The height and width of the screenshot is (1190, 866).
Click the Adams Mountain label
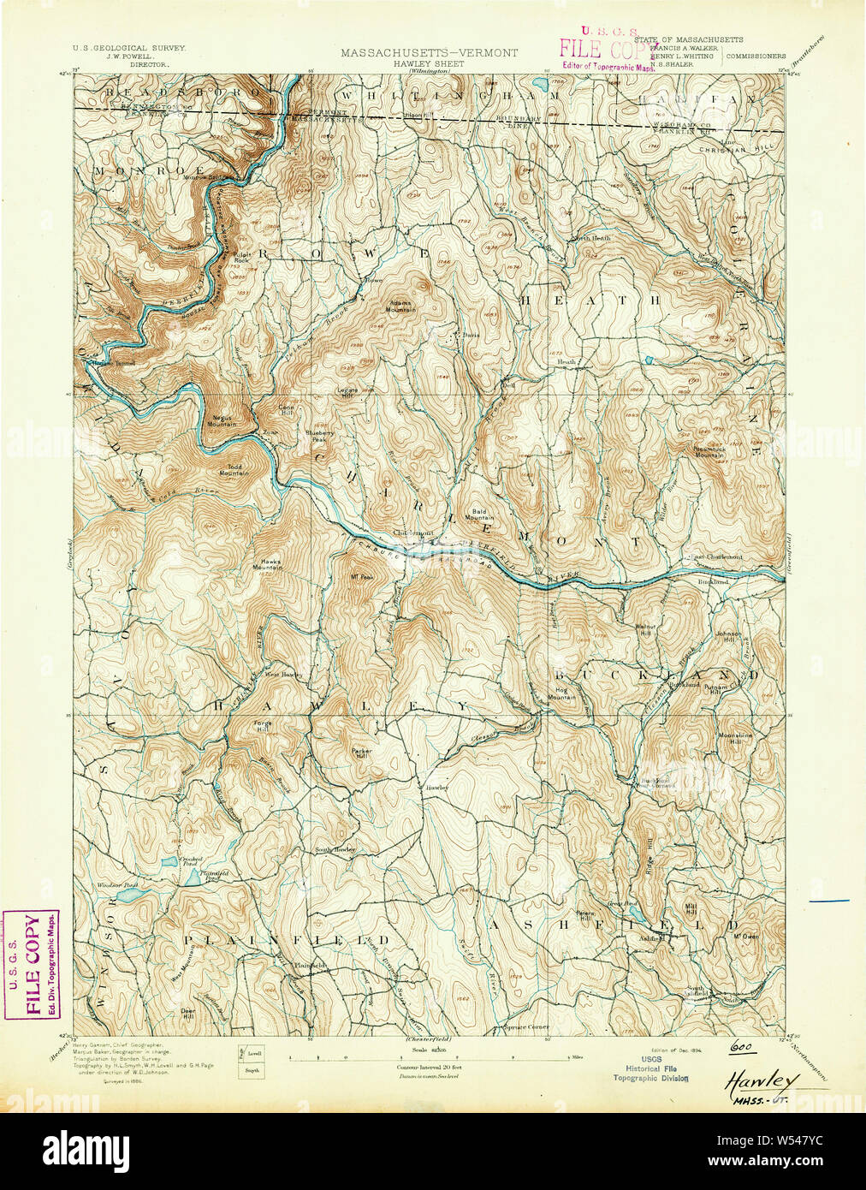[x=401, y=306]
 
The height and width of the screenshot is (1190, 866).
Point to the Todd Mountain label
[x=230, y=470]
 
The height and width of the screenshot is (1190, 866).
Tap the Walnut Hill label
[x=644, y=629]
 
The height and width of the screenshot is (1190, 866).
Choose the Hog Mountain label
[x=562, y=694]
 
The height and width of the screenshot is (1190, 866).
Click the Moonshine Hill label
[x=734, y=738]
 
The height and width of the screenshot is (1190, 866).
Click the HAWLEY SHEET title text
[x=429, y=63]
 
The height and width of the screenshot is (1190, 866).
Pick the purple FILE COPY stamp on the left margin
[x=32, y=965]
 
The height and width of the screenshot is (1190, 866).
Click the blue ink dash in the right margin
[x=829, y=900]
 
